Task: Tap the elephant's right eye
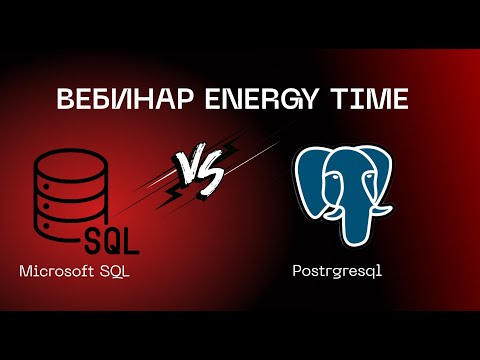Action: tap(366, 181)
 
